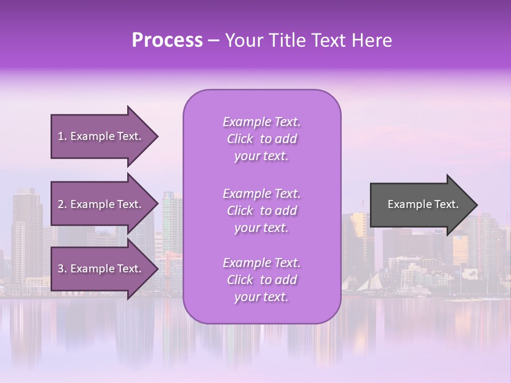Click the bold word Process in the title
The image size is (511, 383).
167,40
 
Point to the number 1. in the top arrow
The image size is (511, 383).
62,137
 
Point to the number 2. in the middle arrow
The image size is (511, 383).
62,205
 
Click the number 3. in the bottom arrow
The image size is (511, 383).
62,269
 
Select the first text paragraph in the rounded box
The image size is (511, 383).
261,139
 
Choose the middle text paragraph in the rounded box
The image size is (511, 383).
261,211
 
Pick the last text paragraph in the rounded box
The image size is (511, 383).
261,280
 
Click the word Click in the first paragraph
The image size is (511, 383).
240,139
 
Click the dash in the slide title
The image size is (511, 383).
213,40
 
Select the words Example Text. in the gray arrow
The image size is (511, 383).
423,205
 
